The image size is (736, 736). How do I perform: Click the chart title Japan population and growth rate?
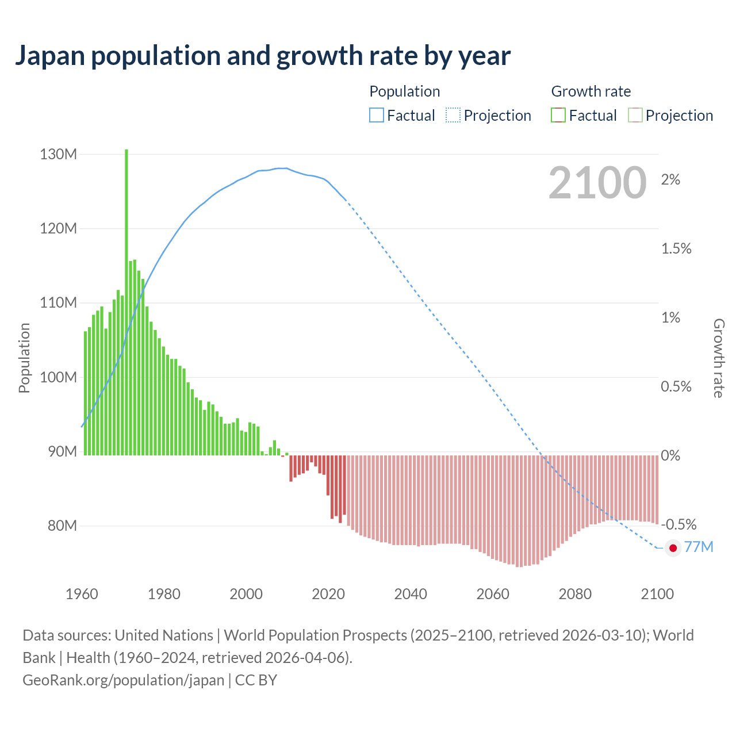point(262,56)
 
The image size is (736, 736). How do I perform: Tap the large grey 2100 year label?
point(597,183)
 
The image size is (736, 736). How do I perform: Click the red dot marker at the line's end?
point(673,548)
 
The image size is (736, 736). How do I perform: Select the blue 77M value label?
point(699,547)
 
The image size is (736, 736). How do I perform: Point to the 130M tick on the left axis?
point(59,154)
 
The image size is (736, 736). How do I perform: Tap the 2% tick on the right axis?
point(670,180)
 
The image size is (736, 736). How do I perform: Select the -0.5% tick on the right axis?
point(678,524)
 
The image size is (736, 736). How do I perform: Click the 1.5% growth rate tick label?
point(676,249)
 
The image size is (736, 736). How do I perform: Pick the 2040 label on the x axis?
point(411,594)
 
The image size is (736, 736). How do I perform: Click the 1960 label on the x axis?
point(82,594)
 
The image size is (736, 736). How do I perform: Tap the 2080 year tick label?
point(575,594)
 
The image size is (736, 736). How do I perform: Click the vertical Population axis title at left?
point(24,358)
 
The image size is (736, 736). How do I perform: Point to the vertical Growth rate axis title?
point(718,358)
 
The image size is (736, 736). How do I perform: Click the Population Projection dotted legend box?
point(453,116)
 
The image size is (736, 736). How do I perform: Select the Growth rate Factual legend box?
point(558,116)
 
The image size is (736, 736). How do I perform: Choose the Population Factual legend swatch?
point(377,116)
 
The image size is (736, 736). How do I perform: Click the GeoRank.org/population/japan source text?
point(124,680)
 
